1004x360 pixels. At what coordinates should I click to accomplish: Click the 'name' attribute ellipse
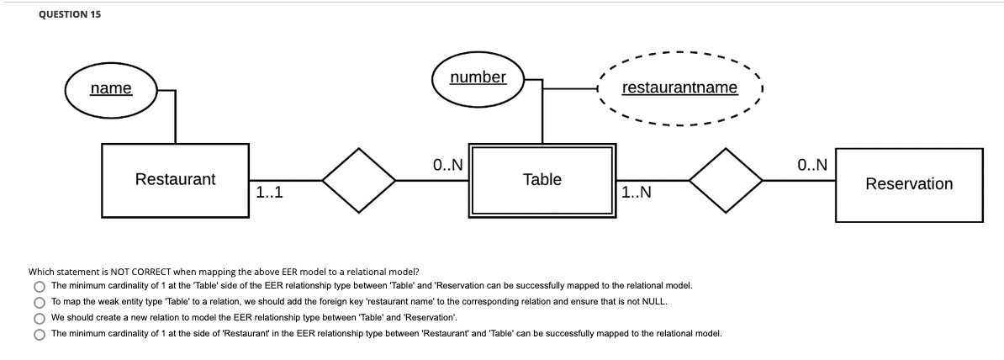pyautogui.click(x=111, y=88)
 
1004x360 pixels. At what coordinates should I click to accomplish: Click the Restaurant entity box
pyautogui.click(x=175, y=179)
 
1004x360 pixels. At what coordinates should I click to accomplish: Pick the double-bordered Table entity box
pyautogui.click(x=542, y=179)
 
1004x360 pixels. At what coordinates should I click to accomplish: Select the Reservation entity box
pyautogui.click(x=908, y=183)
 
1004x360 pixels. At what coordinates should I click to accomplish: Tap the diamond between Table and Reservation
pyautogui.click(x=726, y=180)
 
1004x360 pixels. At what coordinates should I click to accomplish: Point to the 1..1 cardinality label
pyautogui.click(x=268, y=193)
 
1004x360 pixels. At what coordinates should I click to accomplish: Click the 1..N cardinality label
pyautogui.click(x=637, y=193)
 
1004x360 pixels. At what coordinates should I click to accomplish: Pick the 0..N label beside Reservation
pyautogui.click(x=812, y=165)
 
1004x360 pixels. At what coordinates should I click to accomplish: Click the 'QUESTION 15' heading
pyautogui.click(x=71, y=14)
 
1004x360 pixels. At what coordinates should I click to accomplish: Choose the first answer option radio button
pyautogui.click(x=39, y=287)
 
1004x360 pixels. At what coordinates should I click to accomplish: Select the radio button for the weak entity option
pyautogui.click(x=39, y=302)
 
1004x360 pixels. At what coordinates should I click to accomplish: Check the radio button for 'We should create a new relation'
pyautogui.click(x=39, y=318)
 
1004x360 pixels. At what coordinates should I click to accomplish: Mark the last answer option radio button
pyautogui.click(x=39, y=334)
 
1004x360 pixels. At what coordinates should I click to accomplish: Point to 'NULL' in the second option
pyautogui.click(x=658, y=302)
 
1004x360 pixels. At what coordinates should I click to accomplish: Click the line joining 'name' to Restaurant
pyautogui.click(x=175, y=118)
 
